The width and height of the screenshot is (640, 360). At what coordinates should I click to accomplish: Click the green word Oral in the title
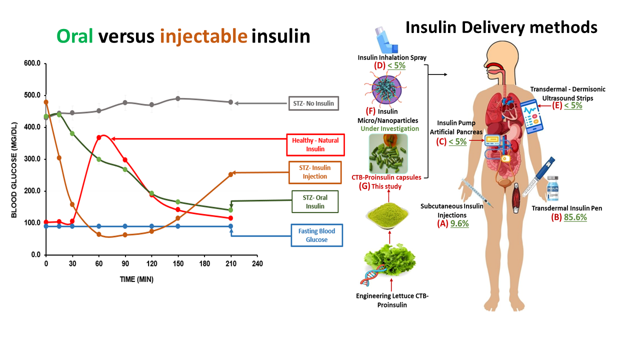pos(75,36)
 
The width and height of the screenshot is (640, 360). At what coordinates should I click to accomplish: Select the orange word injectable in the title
pos(204,36)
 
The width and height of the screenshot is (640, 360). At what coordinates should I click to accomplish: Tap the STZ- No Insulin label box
pos(313,104)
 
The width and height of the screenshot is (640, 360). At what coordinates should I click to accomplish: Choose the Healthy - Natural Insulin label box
pos(315,145)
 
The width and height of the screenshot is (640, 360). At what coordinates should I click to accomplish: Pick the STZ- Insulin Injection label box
pos(315,172)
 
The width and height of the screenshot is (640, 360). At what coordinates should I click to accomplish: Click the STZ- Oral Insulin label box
pos(315,202)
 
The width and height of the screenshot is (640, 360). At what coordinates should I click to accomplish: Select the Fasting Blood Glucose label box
pos(317,235)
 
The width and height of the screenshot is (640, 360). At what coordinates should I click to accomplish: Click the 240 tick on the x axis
pos(257,263)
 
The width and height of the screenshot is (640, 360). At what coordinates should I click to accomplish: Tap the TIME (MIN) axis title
pos(136,279)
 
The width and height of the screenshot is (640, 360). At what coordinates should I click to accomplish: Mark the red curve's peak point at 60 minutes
pos(99,137)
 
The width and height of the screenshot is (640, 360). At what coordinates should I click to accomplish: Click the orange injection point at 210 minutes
pos(230,174)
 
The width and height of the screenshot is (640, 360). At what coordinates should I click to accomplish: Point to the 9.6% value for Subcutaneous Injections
pos(459,223)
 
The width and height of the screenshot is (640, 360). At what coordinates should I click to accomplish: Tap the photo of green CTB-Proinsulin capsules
pos(388,153)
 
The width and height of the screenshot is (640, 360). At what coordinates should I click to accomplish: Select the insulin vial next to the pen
pos(552,192)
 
